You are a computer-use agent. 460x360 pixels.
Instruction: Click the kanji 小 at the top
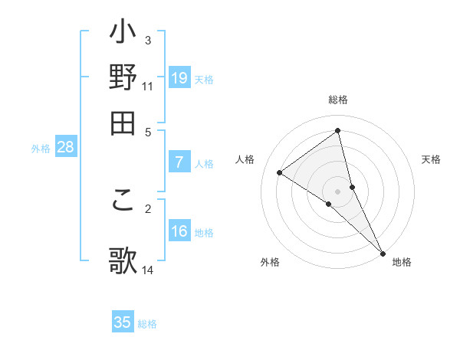click(123, 35)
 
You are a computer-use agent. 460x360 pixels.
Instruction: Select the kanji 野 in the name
click(123, 78)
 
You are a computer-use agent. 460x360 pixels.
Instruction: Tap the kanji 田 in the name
click(123, 122)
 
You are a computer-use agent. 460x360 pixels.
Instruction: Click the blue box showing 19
click(179, 77)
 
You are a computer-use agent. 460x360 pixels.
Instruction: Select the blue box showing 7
click(179, 162)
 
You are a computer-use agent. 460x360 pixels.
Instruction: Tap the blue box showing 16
click(179, 231)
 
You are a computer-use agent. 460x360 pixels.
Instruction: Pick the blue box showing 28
click(65, 148)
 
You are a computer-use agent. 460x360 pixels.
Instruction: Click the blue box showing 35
click(123, 322)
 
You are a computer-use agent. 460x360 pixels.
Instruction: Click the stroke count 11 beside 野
click(148, 87)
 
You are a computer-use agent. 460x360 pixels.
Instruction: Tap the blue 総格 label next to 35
click(147, 324)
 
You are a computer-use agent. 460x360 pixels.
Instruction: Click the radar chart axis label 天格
click(432, 159)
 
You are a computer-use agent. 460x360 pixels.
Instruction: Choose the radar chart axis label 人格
click(245, 159)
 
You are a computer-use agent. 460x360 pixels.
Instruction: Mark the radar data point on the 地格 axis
click(383, 252)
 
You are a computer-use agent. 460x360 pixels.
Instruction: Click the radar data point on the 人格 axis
click(280, 172)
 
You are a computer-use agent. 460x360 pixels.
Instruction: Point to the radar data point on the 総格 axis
click(338, 131)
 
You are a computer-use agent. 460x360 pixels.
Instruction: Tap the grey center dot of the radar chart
click(338, 191)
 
